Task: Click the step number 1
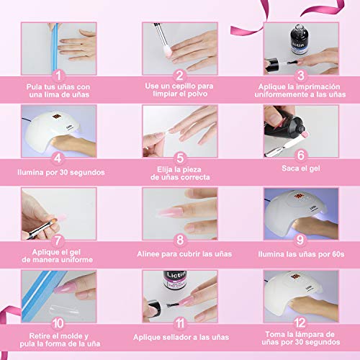pos(58,76)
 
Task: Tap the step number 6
pos(301,155)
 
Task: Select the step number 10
pos(58,323)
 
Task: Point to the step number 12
pos(300,323)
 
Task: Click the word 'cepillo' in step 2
pos(184,86)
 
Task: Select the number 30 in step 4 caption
pos(63,172)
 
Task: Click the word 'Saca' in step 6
pos(289,168)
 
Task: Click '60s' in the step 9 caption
pos(338,254)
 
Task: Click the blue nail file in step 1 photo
pos(55,49)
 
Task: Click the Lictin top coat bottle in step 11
pos(175,280)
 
